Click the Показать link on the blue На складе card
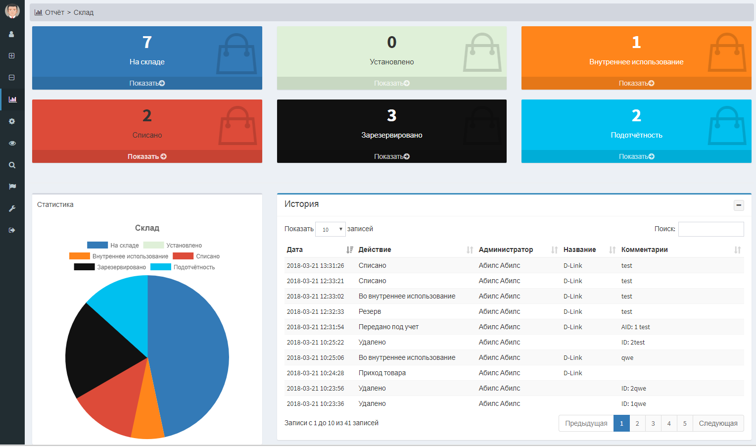coord(147,83)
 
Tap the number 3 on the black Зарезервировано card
coord(391,115)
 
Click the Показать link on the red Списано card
coord(147,156)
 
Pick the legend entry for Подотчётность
coord(183,267)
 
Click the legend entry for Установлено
coord(173,246)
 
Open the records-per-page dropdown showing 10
coord(330,229)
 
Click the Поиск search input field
coord(710,229)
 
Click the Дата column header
coord(295,250)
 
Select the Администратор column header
coord(506,250)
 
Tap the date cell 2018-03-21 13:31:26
coord(315,266)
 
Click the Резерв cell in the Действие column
coord(370,312)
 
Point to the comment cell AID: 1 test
coord(635,327)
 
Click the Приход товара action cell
coord(382,373)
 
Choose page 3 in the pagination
coord(653,423)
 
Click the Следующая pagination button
coord(718,423)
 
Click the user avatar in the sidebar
coord(12,11)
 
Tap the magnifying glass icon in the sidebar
coord(12,165)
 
